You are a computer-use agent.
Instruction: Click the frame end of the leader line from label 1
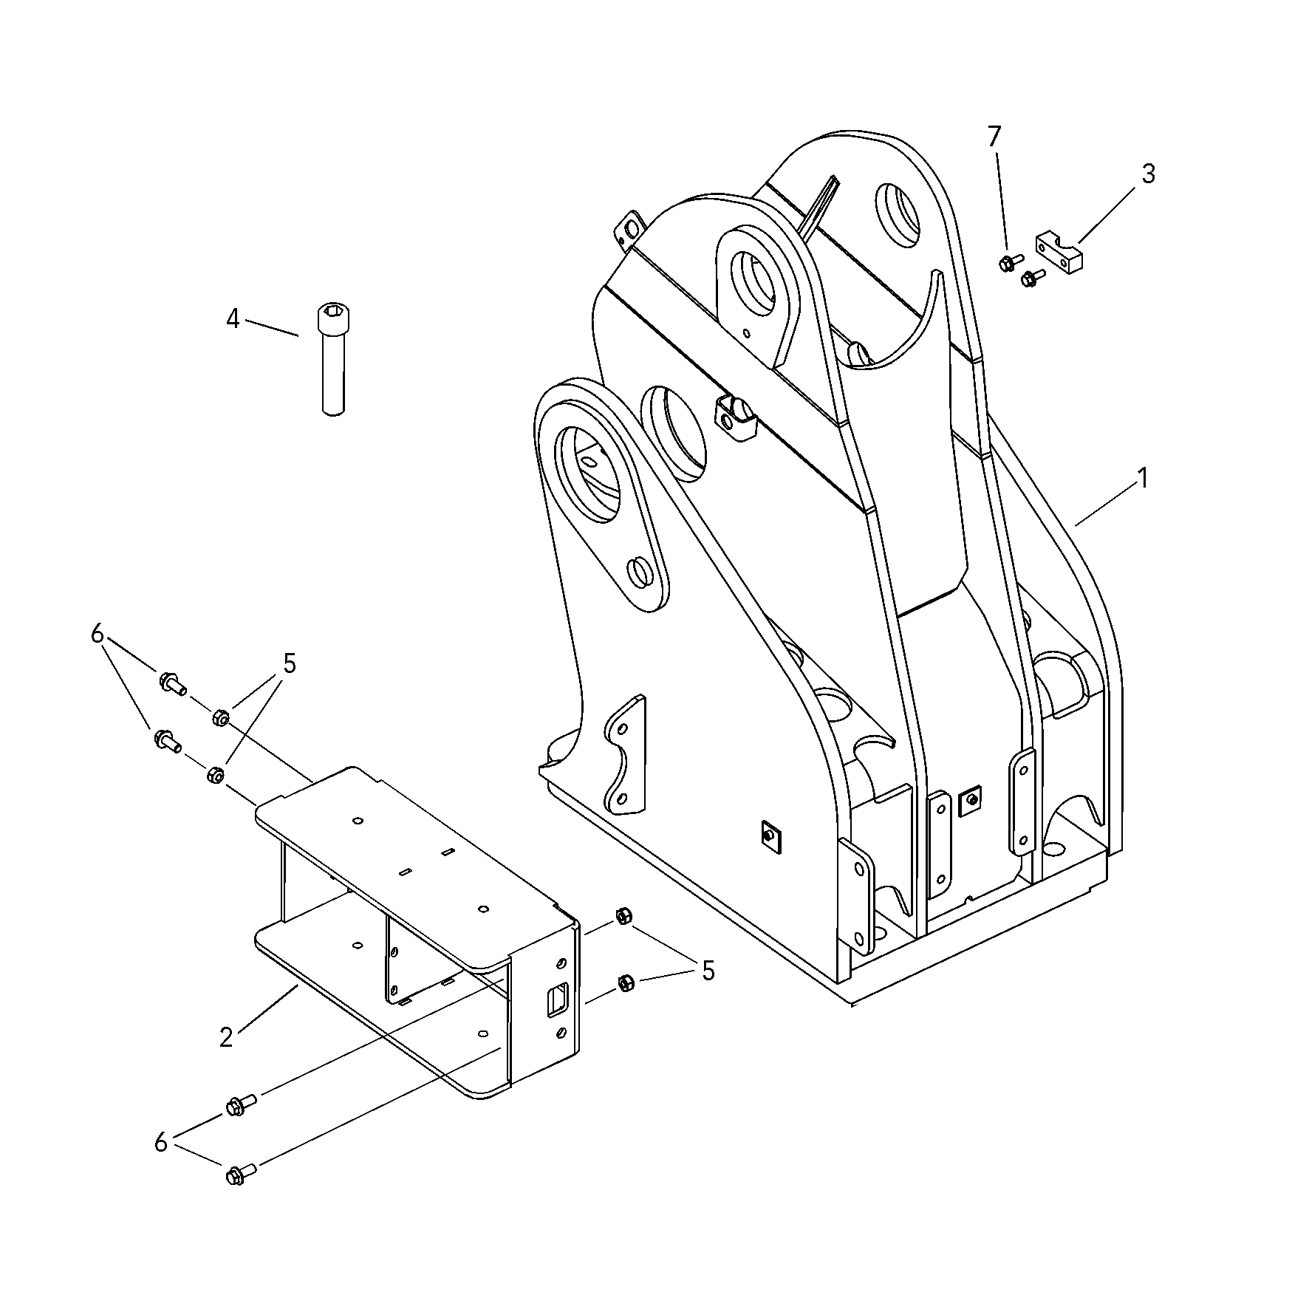(1076, 525)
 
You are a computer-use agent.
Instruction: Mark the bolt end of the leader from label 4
(298, 335)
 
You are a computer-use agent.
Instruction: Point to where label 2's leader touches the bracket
(297, 985)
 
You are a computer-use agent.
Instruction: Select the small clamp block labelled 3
(1062, 248)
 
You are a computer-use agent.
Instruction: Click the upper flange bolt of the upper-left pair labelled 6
(171, 683)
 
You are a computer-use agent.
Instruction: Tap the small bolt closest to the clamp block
(1031, 277)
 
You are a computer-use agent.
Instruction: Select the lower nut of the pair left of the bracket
(214, 775)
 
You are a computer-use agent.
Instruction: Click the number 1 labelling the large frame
(1142, 479)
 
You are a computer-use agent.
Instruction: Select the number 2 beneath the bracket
(226, 1037)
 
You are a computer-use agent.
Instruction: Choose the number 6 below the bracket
(161, 1142)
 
